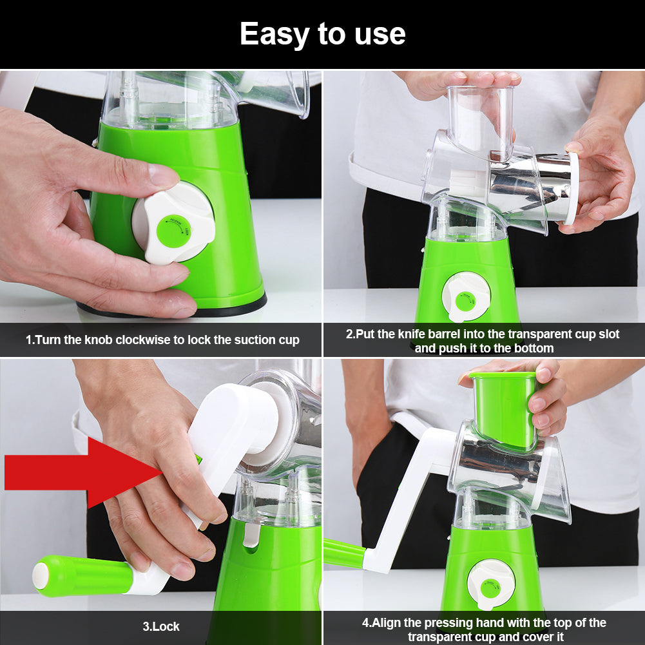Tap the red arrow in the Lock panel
77,472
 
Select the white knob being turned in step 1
173,222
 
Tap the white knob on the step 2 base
465,296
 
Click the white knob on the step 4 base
490,584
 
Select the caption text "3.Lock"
160,626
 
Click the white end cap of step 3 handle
41,575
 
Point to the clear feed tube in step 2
480,119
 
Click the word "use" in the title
380,34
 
